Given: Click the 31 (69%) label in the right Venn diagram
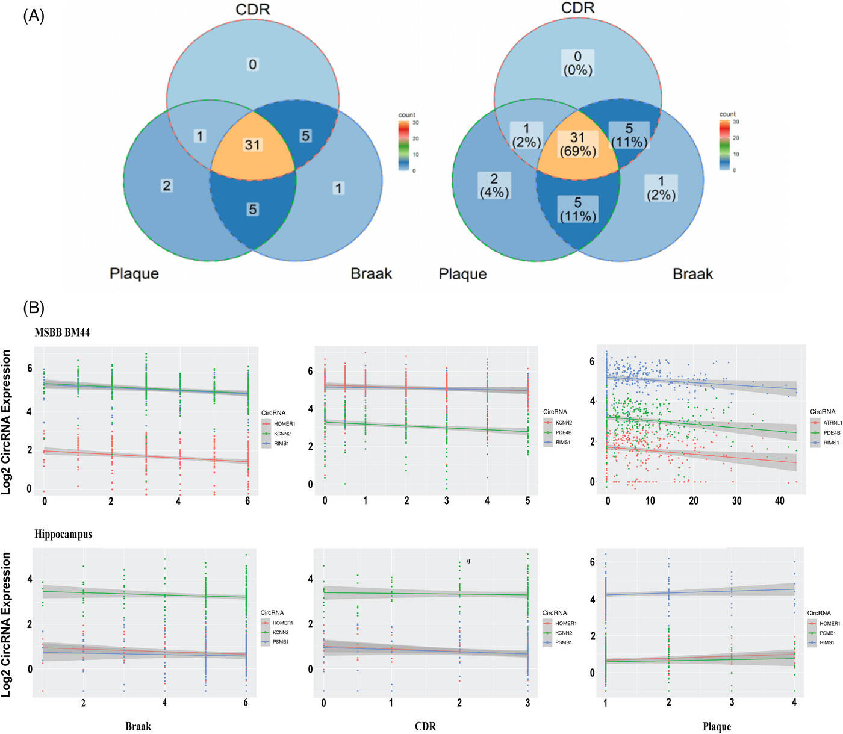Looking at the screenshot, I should [x=577, y=145].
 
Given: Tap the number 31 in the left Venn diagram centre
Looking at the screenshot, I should [x=252, y=145].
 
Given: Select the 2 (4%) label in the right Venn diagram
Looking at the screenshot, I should [x=494, y=185].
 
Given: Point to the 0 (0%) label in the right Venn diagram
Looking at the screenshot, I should [x=577, y=63].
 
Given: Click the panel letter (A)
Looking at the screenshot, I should [x=34, y=16].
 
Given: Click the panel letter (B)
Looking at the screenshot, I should [x=34, y=308].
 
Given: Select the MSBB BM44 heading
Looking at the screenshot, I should [x=62, y=332].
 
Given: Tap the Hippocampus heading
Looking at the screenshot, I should [x=63, y=534].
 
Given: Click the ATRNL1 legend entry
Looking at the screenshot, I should [x=832, y=423].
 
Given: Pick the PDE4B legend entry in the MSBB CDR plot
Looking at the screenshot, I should [x=564, y=432].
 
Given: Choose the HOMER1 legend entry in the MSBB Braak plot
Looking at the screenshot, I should [x=284, y=424].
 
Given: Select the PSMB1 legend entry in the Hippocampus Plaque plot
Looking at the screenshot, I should [x=827, y=633].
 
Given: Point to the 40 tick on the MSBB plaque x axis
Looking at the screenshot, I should [x=780, y=501].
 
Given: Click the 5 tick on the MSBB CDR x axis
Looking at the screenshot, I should [x=528, y=501].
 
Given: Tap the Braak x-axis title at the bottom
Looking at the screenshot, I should [x=138, y=726].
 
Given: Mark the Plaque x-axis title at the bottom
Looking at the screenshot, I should [x=717, y=727].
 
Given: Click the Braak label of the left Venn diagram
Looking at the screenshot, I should [x=371, y=273].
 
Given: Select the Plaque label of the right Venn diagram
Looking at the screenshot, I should [x=462, y=274].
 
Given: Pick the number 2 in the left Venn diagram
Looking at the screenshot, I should [x=167, y=185].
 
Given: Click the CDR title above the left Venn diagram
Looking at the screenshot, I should [x=252, y=10].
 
